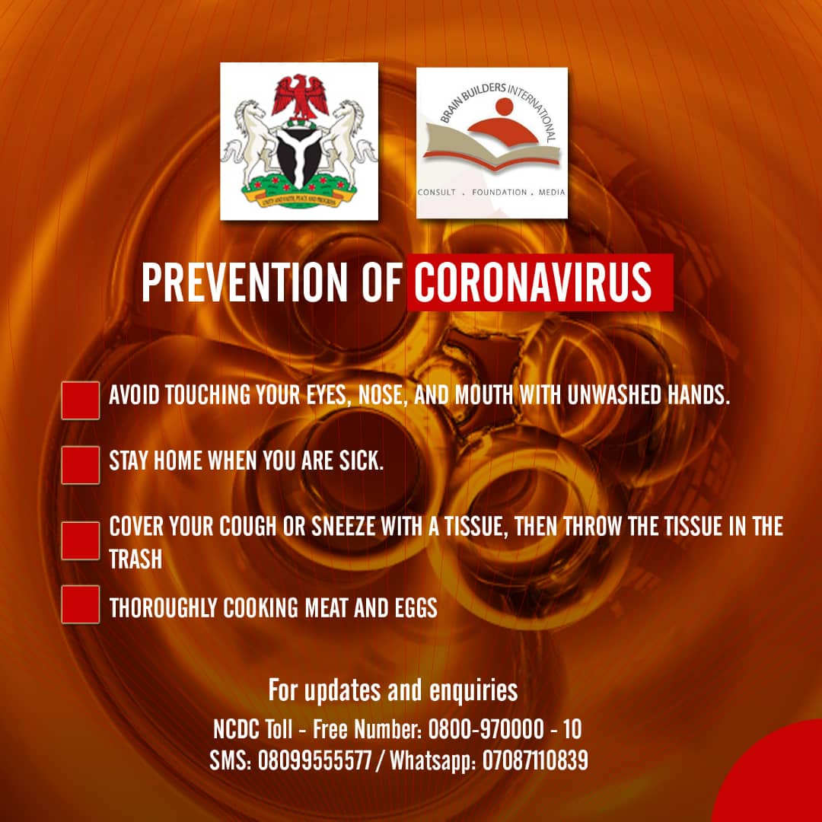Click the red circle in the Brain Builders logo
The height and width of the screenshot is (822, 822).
pos(505,107)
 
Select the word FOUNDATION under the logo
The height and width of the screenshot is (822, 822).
pos(499,193)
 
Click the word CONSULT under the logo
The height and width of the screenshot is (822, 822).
pos(437,193)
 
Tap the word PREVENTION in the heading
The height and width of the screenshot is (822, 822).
pos(244,282)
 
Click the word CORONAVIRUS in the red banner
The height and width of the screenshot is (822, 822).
pos(533,282)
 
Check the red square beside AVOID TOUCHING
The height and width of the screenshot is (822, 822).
pos(80,400)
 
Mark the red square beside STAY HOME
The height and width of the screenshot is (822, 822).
pos(80,465)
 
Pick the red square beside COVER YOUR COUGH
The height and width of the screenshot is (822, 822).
pos(80,540)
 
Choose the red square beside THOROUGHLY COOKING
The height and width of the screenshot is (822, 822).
pos(80,604)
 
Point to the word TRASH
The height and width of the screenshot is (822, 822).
pos(135,559)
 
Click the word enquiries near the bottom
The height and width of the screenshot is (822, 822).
pos(473,690)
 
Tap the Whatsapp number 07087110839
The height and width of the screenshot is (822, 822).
pos(535,760)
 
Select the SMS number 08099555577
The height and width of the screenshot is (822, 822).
pos(314,760)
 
